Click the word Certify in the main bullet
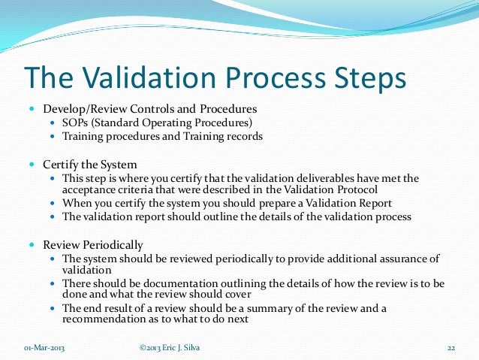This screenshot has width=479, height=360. pos(60,163)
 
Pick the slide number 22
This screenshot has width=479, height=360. pos(452,347)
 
